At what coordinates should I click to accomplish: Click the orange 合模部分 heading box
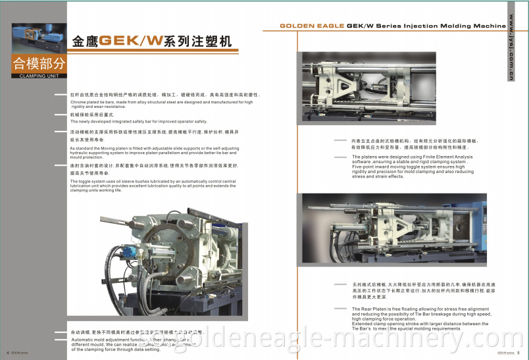click(x=39, y=64)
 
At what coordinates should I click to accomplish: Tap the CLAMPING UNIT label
click(x=39, y=76)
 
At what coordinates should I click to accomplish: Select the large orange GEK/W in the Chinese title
click(x=136, y=41)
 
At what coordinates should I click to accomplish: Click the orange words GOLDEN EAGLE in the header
click(x=311, y=26)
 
